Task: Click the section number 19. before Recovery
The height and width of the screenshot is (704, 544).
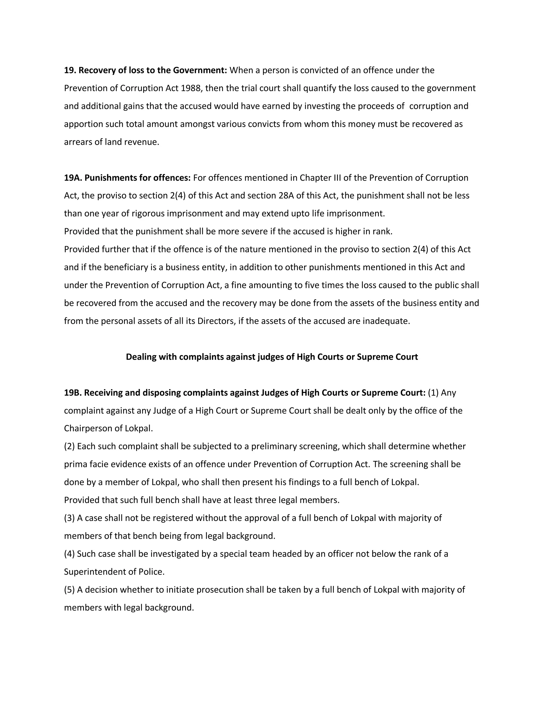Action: point(70,70)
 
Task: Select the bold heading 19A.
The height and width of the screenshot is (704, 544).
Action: point(73,178)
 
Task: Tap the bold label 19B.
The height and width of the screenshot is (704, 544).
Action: point(73,393)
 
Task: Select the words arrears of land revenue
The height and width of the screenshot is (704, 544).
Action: point(112,142)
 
